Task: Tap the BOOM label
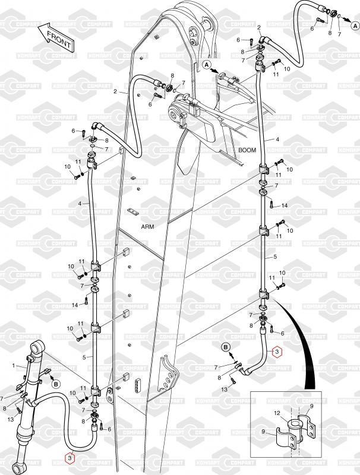pyautogui.click(x=247, y=150)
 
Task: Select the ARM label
pyautogui.click(x=147, y=226)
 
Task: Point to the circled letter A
pyautogui.click(x=206, y=64)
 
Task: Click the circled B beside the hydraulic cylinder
pyautogui.click(x=56, y=384)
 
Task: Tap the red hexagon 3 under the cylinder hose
pyautogui.click(x=71, y=458)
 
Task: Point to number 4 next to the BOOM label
pyautogui.click(x=276, y=139)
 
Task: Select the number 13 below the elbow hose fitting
pyautogui.click(x=225, y=388)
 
